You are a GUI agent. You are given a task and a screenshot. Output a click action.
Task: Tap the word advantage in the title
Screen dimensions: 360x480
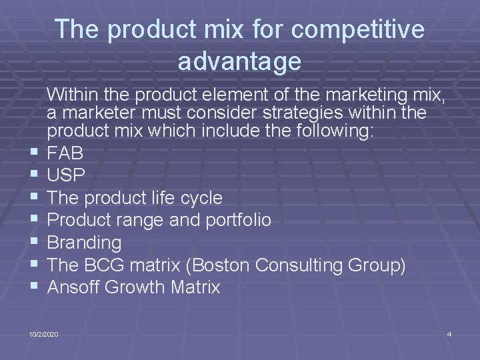[x=239, y=61]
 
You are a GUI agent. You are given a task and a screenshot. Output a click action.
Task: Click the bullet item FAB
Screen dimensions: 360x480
[x=65, y=153]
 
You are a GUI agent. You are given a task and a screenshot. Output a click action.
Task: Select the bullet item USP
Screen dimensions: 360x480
[x=66, y=175]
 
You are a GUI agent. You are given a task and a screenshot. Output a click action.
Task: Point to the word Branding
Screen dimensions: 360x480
[x=85, y=243]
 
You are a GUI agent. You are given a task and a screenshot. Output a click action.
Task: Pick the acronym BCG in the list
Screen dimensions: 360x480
[x=107, y=265]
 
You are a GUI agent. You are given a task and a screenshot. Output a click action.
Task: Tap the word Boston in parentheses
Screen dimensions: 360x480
[x=223, y=265]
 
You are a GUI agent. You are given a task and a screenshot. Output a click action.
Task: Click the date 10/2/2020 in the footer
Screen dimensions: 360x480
[x=43, y=333]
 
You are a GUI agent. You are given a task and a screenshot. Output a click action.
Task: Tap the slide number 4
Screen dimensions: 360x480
[x=449, y=333]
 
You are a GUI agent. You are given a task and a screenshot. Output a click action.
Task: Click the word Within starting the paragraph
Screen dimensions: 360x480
[x=75, y=92]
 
